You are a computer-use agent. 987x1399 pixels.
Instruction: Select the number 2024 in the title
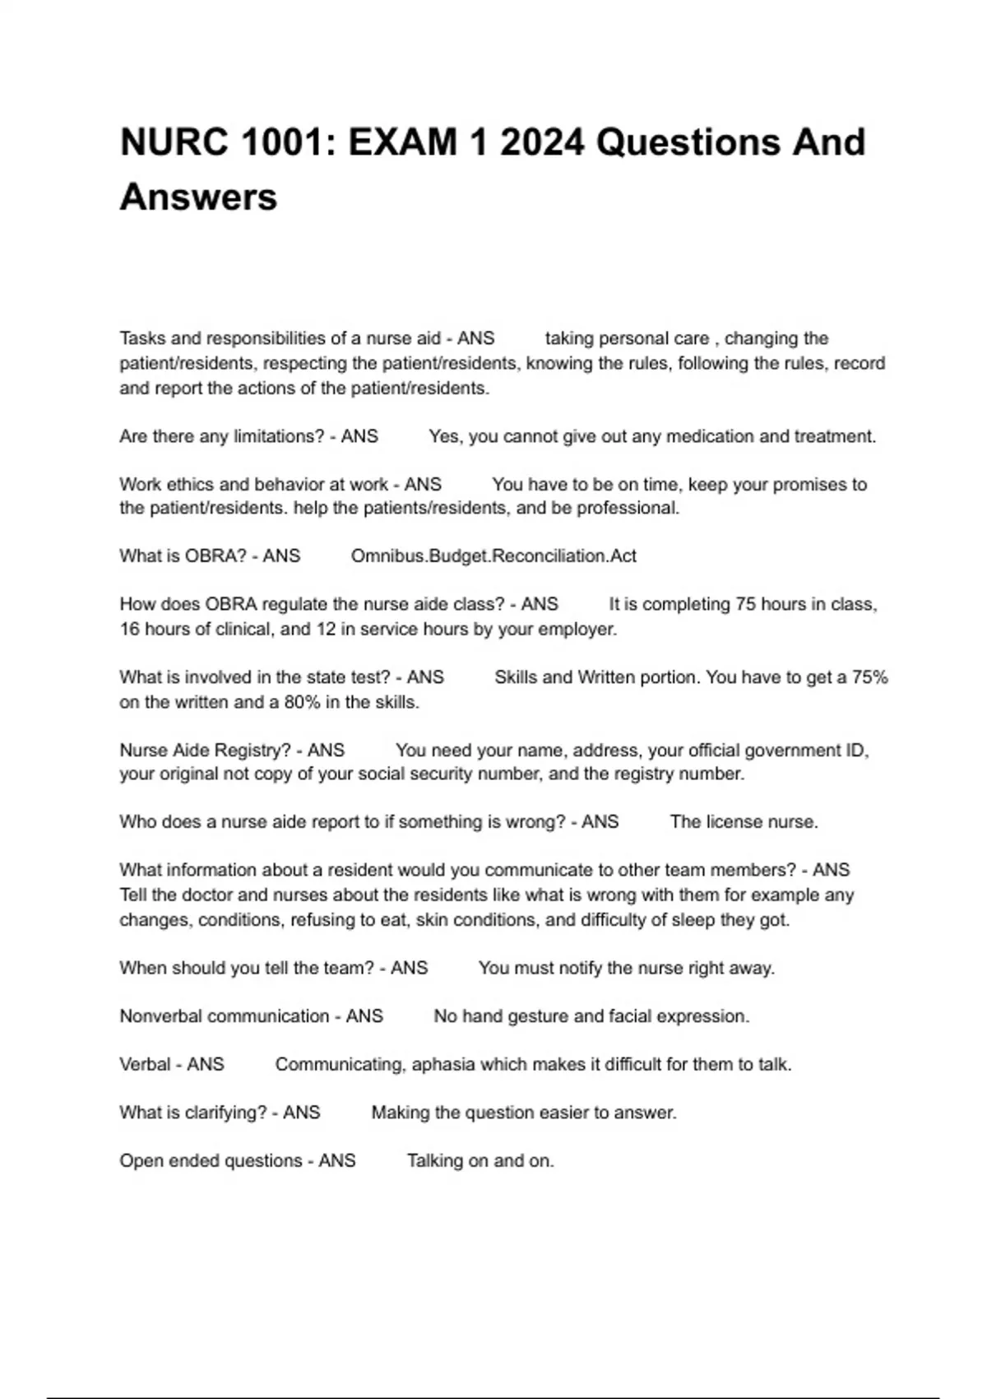[542, 142]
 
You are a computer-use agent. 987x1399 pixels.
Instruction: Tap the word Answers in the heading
[198, 198]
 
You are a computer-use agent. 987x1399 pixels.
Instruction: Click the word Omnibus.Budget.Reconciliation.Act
[493, 556]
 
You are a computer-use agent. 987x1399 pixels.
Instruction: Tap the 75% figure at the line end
[869, 677]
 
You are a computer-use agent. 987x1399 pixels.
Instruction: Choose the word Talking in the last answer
[434, 1160]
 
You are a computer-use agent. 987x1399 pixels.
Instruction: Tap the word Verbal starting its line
[145, 1064]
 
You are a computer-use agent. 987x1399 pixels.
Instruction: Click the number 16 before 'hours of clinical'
[129, 630]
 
